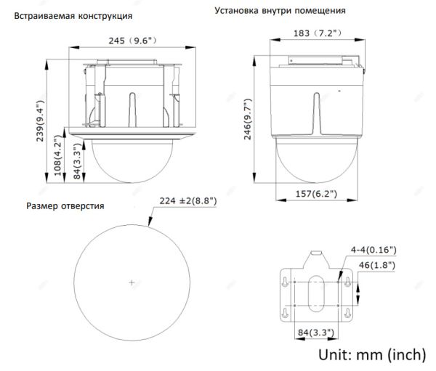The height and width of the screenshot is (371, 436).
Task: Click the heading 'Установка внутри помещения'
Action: (280, 12)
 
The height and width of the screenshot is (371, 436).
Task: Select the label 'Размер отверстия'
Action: (65, 206)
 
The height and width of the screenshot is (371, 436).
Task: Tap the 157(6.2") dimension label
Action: (315, 193)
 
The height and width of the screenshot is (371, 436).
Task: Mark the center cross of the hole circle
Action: (131, 282)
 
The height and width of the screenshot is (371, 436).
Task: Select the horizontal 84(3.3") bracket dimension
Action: (314, 333)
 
